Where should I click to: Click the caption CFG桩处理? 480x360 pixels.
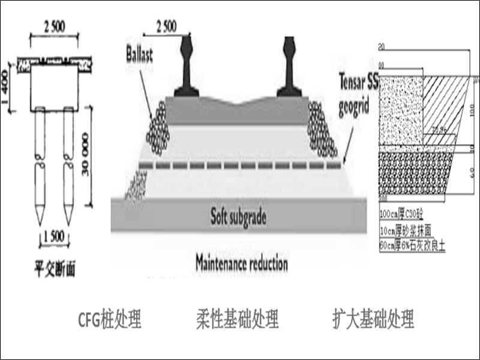pyautogui.click(x=110, y=319)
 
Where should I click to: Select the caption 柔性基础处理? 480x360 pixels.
pyautogui.click(x=237, y=319)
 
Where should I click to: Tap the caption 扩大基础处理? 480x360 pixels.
pyautogui.click(x=373, y=319)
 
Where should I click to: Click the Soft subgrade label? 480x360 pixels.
pyautogui.click(x=238, y=214)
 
